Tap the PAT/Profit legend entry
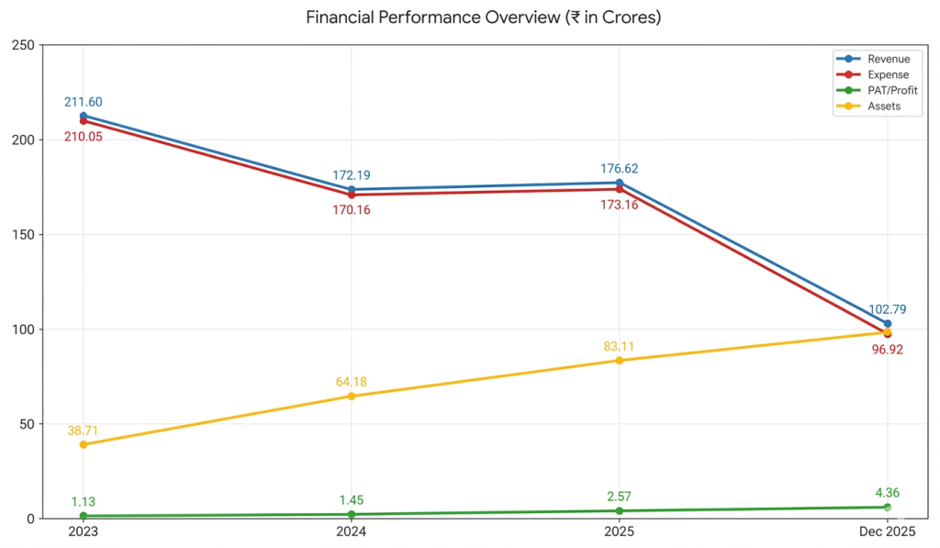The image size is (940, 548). click(877, 90)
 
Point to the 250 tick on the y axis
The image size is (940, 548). click(23, 45)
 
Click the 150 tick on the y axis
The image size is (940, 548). click(23, 234)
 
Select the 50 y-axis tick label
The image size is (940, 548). click(27, 424)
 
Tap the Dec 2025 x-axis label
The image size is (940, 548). click(888, 531)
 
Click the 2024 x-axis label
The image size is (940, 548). click(352, 531)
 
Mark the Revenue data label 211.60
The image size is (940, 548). click(84, 102)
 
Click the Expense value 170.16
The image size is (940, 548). click(352, 210)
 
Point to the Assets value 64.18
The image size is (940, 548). click(352, 382)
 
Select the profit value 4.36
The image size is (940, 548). click(888, 493)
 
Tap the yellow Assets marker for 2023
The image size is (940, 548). click(84, 445)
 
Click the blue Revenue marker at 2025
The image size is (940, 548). click(620, 183)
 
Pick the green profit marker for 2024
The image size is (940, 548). click(352, 514)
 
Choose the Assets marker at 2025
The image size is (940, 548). click(620, 361)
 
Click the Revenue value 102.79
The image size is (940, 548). click(888, 309)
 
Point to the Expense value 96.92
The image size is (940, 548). click(888, 350)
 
